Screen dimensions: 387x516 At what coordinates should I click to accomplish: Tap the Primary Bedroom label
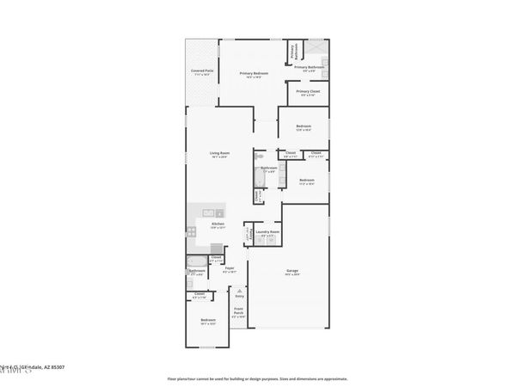point(254,74)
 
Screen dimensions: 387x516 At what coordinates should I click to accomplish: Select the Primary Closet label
point(308,92)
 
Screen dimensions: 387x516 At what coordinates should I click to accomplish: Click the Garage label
point(292,272)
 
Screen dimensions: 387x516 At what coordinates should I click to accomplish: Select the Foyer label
point(230,269)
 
